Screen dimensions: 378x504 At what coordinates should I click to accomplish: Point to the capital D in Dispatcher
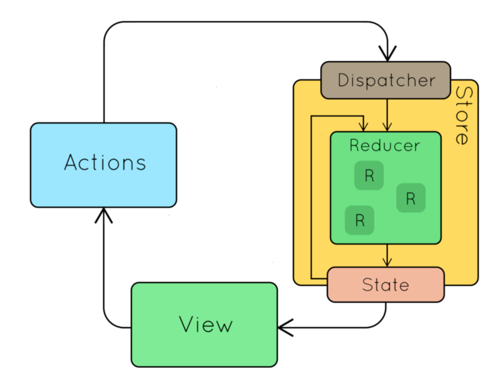point(344,81)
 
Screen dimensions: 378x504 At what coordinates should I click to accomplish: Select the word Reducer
point(385,146)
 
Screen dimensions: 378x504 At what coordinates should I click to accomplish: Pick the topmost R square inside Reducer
point(369,176)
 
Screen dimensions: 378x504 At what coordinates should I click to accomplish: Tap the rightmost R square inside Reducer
point(411,198)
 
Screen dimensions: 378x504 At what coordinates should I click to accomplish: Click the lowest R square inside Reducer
point(360,220)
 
